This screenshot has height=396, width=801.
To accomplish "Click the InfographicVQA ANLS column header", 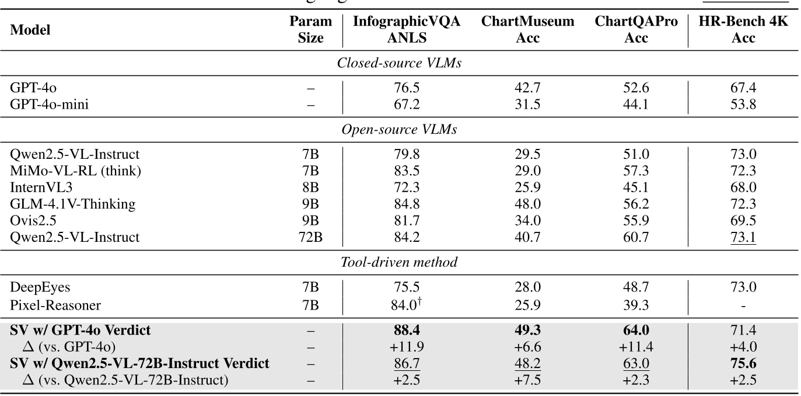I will [407, 30].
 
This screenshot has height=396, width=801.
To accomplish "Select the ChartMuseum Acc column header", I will [527, 30].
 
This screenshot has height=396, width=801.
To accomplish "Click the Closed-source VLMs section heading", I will [400, 63].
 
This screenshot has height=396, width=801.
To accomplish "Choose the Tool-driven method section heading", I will [400, 262].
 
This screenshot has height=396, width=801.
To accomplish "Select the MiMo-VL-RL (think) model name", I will [68, 171].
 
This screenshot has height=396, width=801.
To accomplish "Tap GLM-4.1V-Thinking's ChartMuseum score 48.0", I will [527, 204].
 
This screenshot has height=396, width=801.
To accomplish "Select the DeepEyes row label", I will [36, 287].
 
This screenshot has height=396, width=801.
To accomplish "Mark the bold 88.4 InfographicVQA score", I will [406, 331].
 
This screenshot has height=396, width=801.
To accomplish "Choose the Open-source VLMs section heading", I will [400, 130].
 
